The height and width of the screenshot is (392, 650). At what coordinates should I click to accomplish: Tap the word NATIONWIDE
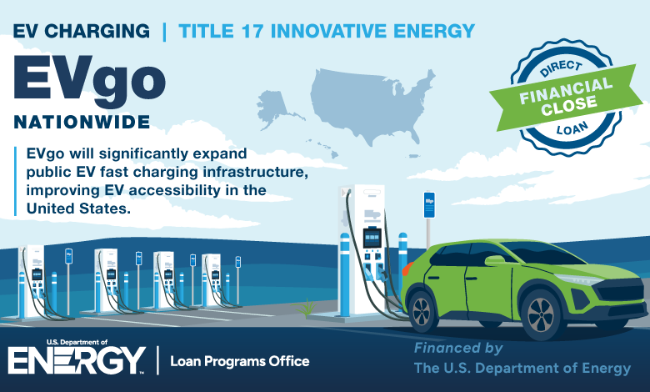(x=82, y=123)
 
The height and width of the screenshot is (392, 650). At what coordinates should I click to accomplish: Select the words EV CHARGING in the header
(x=82, y=31)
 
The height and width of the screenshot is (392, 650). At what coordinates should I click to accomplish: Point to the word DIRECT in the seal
(x=561, y=68)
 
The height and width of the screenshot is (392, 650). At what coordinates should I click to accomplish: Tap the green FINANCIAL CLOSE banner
(x=566, y=97)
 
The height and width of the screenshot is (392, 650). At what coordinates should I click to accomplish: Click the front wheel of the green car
(x=541, y=314)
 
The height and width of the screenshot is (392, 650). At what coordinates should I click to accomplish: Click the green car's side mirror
(x=495, y=260)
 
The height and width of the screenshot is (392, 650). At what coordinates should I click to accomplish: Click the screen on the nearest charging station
(x=372, y=238)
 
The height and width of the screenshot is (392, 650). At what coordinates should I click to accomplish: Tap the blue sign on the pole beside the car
(x=429, y=204)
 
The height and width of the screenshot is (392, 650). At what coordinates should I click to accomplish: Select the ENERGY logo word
(x=77, y=360)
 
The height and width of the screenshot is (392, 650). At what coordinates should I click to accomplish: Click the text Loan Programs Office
(x=240, y=361)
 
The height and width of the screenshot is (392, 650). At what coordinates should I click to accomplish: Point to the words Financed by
(x=458, y=349)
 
